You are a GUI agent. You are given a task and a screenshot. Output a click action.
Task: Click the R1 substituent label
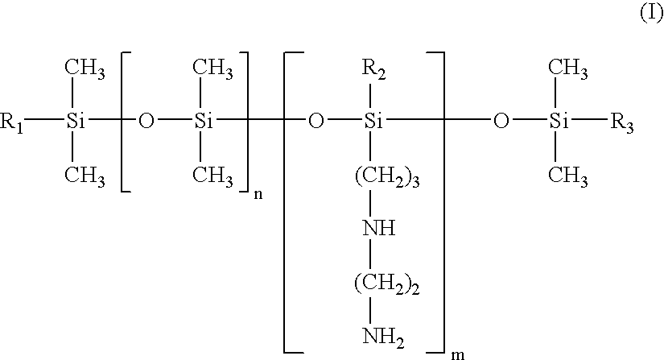[11, 123]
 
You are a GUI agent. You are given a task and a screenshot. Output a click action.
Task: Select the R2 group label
[373, 70]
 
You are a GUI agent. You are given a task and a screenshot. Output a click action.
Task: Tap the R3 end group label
[621, 123]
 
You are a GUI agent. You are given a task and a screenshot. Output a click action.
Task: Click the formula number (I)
[651, 14]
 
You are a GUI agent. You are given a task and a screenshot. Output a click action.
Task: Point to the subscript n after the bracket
[258, 194]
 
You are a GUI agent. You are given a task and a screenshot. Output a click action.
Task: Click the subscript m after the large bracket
[458, 354]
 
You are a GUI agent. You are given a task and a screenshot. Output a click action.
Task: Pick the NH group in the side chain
[379, 228]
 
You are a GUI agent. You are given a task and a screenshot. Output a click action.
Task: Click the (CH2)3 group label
[387, 176]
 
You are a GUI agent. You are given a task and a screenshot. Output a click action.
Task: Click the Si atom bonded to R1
[75, 122]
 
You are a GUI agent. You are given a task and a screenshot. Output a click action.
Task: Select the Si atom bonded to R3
[559, 122]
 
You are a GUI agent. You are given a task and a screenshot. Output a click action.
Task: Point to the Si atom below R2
[373, 122]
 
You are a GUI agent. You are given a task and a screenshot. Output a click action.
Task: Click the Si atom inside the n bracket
[204, 122]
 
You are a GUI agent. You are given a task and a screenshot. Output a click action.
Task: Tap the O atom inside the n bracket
[146, 122]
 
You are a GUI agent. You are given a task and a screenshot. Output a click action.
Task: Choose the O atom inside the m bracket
[316, 122]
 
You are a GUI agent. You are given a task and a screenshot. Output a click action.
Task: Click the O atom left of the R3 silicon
[501, 122]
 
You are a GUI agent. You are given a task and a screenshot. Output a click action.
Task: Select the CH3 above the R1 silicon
[85, 68]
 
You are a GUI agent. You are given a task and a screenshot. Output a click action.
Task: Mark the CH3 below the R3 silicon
[568, 176]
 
